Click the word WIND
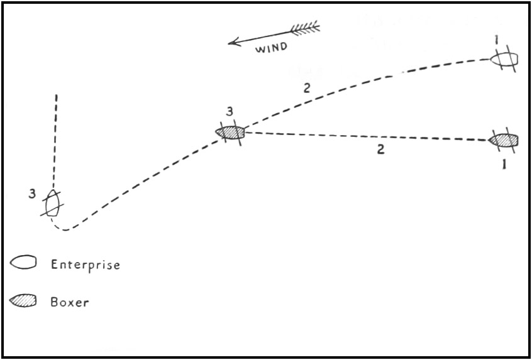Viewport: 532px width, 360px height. click(270, 47)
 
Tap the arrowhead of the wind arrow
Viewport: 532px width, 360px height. click(230, 43)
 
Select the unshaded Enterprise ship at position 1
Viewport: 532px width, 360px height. click(504, 59)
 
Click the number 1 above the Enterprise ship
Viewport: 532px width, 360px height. click(497, 41)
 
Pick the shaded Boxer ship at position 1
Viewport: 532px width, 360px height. click(504, 139)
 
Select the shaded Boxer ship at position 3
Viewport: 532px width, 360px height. click(230, 132)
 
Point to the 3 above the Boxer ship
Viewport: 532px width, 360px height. click(230, 112)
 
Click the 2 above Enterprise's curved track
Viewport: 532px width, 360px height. click(306, 89)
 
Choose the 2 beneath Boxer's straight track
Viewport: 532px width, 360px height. click(380, 150)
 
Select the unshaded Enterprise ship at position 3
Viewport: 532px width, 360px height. click(52, 202)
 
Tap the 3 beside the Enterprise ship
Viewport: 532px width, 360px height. click(31, 194)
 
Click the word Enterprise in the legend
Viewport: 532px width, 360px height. click(85, 265)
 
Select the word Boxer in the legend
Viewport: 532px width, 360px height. click(69, 302)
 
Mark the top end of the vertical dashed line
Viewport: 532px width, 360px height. click(57, 96)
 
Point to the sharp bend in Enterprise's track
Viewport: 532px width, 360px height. click(64, 229)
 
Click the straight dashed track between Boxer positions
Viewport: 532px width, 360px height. click(365, 136)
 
